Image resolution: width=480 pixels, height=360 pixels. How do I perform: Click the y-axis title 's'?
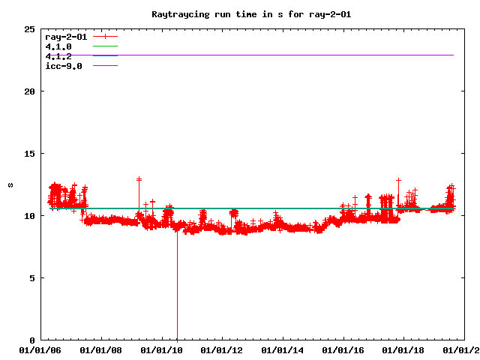click(x=10, y=184)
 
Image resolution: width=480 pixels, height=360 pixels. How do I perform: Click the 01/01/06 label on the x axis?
click(x=40, y=349)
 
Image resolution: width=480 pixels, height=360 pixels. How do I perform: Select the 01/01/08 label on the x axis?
click(x=100, y=349)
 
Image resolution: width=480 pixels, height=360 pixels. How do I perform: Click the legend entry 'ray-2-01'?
click(x=65, y=36)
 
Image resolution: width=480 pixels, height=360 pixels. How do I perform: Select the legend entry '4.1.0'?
click(x=58, y=46)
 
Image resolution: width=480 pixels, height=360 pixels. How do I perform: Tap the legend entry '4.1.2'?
click(x=58, y=56)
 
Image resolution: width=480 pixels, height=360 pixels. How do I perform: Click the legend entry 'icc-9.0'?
click(x=63, y=66)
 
